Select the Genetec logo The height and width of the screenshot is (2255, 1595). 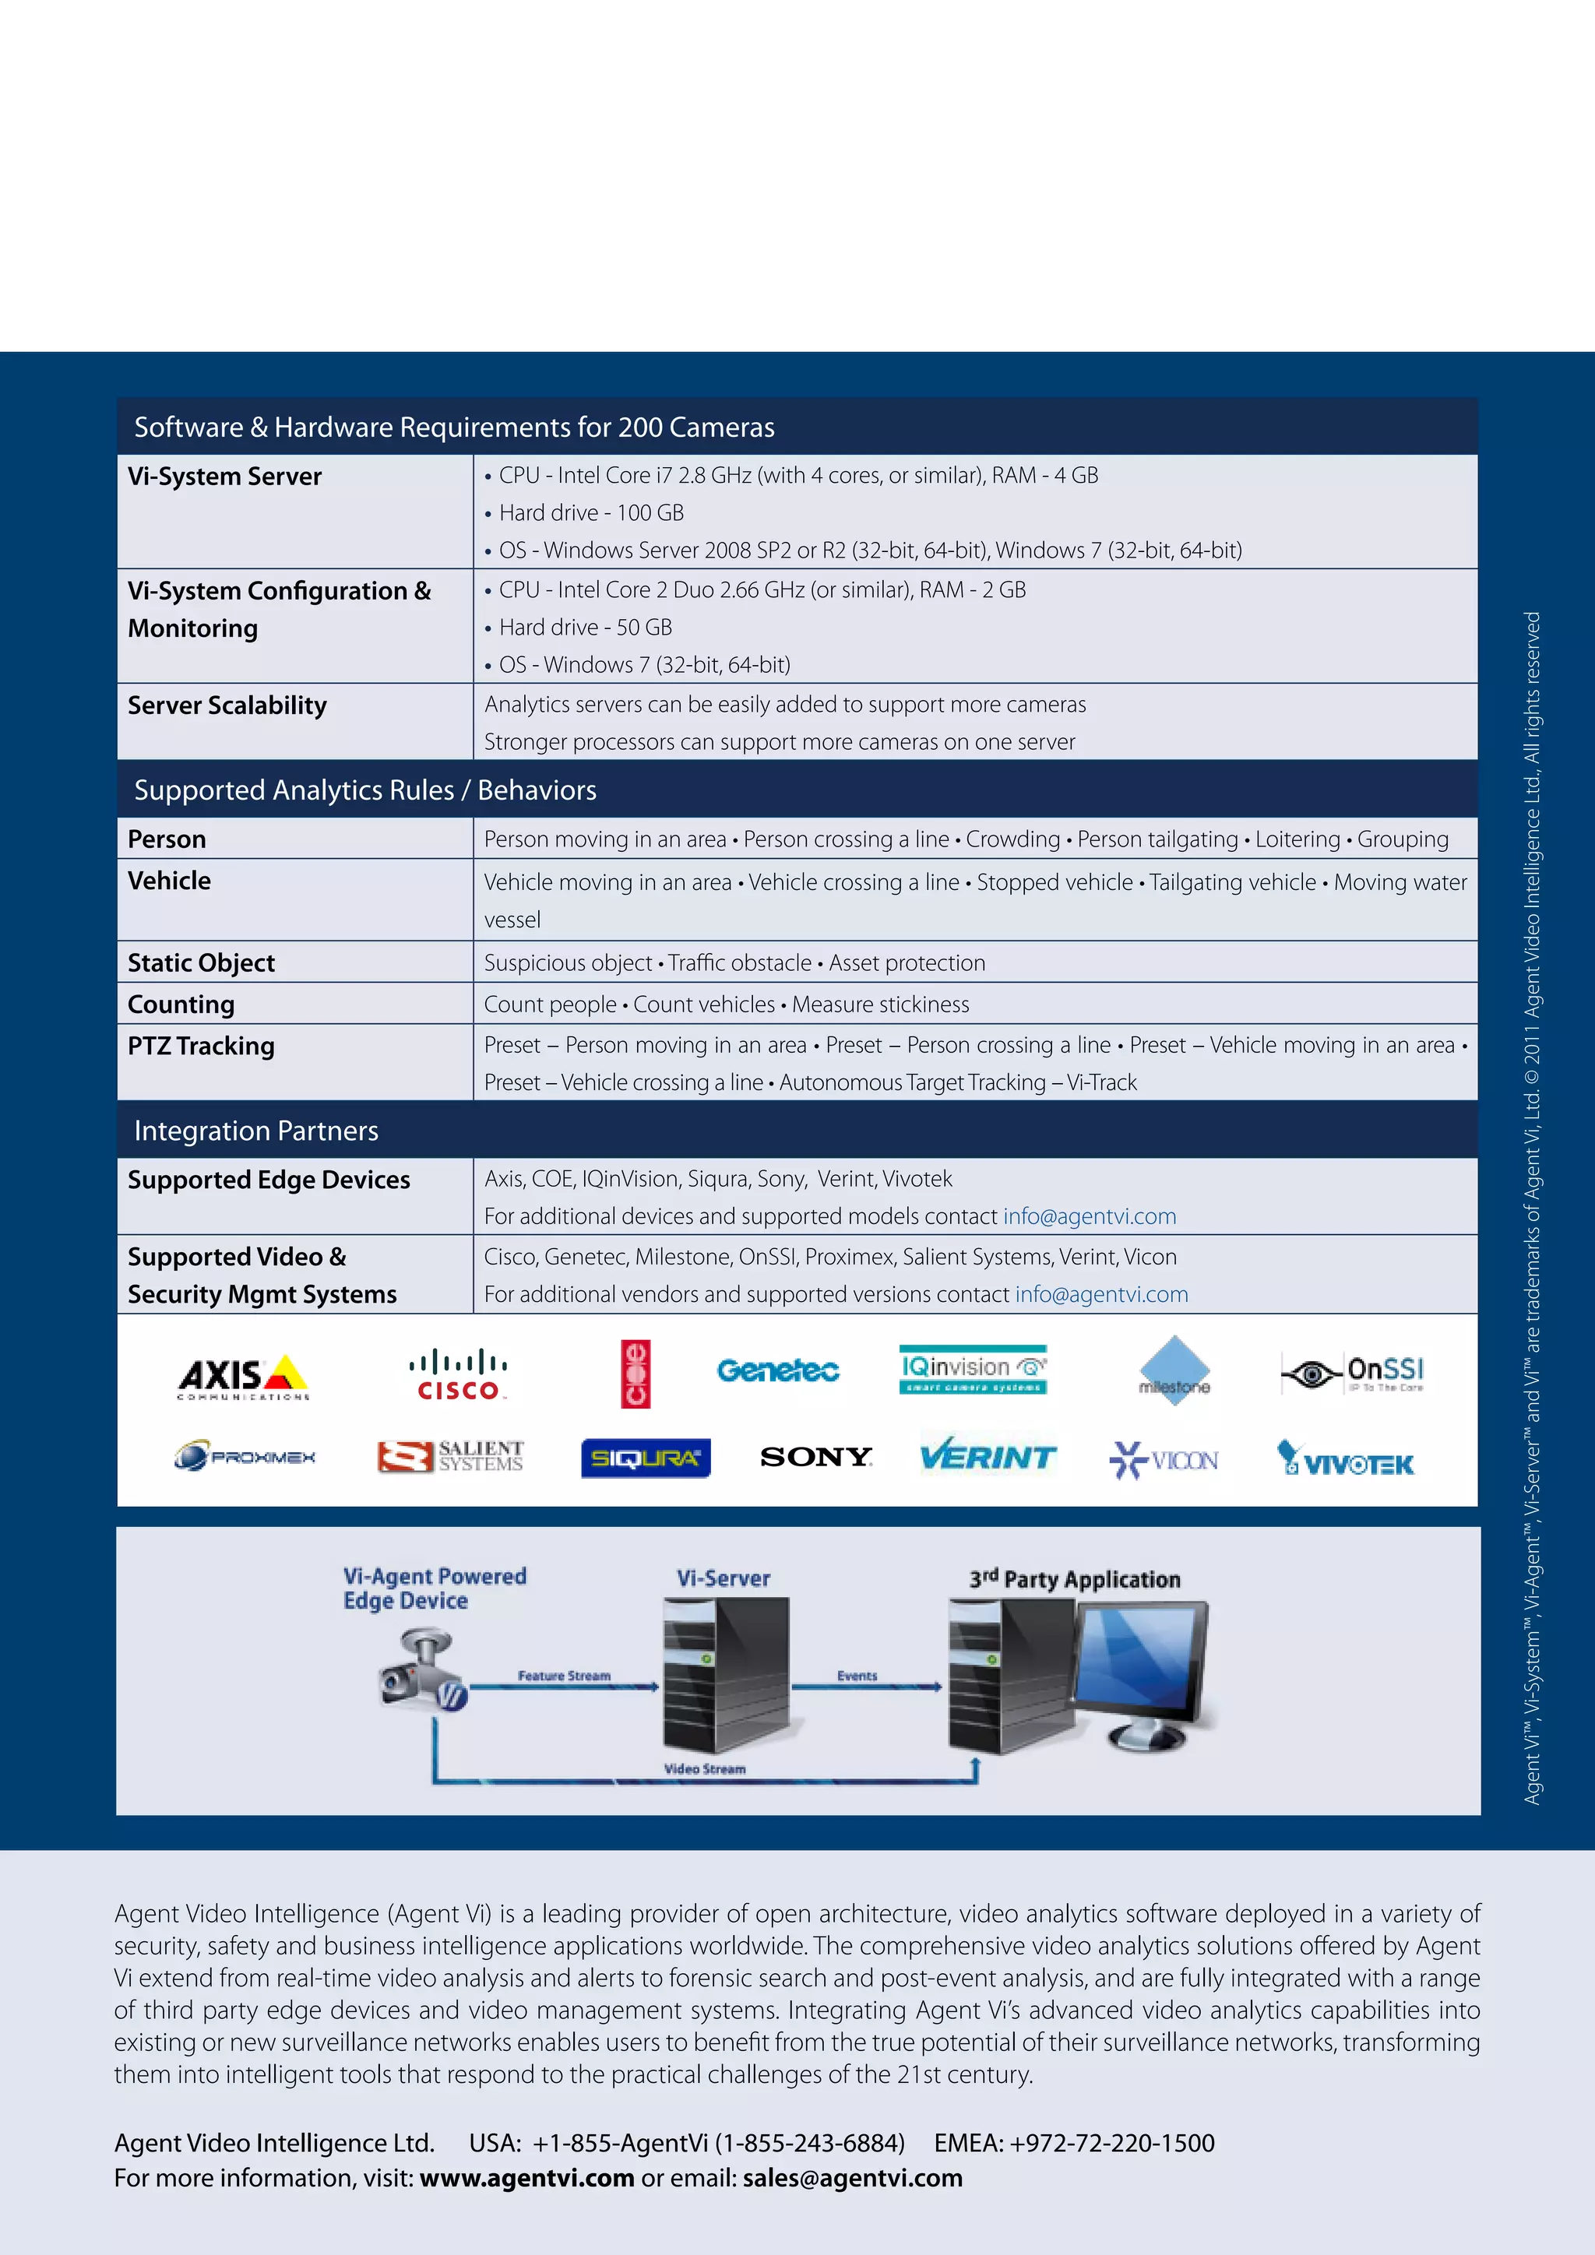[778, 1370]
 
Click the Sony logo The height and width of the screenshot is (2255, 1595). [816, 1457]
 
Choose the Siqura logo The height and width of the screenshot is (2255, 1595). [646, 1458]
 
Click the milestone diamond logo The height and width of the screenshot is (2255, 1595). [1174, 1371]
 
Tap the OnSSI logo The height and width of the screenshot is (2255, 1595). [1353, 1373]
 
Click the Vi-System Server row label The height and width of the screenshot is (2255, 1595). [225, 477]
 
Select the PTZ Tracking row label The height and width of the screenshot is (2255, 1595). [202, 1046]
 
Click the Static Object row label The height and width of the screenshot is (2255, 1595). [202, 962]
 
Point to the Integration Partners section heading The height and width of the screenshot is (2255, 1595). [256, 1131]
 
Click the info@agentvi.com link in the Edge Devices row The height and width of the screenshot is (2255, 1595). [1090, 1216]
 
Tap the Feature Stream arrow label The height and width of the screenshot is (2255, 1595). [565, 1676]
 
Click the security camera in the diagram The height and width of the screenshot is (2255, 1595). [421, 1673]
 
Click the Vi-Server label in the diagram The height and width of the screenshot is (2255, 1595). [724, 1578]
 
